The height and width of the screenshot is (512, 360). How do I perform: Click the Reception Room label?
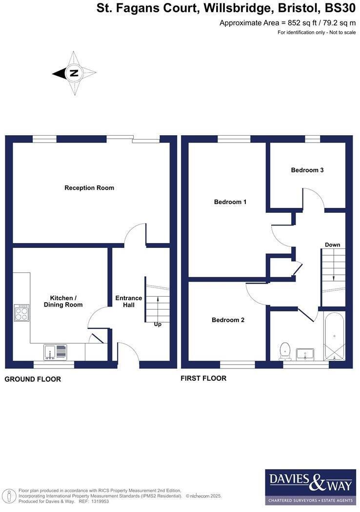[89, 188]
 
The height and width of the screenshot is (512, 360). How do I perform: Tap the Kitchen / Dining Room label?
[66, 301]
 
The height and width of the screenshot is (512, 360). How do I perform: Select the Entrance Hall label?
[128, 301]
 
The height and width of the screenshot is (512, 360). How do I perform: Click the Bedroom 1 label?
[230, 202]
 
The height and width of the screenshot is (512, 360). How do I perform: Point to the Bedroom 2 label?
[228, 320]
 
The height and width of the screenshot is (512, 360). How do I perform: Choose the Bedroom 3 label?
[307, 170]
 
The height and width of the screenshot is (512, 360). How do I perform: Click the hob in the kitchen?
[21, 312]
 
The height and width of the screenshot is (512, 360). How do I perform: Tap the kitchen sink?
[55, 351]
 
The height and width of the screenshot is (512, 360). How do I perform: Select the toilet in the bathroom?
[285, 350]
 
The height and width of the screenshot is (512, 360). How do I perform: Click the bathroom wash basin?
[305, 353]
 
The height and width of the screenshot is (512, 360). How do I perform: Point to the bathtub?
[334, 337]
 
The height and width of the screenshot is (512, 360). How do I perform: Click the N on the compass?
[74, 73]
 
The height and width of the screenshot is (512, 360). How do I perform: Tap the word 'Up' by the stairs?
[158, 324]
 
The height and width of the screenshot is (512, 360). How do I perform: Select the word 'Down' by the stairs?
[332, 245]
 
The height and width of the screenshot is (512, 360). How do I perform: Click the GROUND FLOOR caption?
[33, 379]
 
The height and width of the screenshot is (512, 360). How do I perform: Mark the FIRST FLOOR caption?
[203, 378]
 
